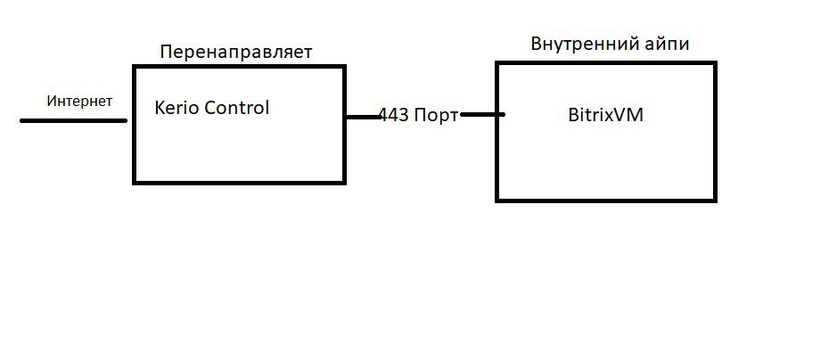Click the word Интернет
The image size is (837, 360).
(x=79, y=101)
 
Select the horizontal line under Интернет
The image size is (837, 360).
(x=73, y=119)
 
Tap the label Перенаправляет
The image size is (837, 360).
(x=235, y=52)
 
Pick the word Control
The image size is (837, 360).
(x=236, y=109)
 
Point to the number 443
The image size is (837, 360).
(x=394, y=116)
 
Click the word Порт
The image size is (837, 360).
(x=437, y=116)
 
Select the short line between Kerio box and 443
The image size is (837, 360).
(x=362, y=116)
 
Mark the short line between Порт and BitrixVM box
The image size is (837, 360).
(x=482, y=114)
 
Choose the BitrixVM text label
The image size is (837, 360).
(x=605, y=115)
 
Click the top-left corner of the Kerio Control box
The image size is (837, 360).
(x=135, y=67)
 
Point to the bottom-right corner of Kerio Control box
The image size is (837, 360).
(x=344, y=182)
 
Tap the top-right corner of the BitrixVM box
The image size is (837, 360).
(x=715, y=63)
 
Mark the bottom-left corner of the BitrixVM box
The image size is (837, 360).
(x=497, y=200)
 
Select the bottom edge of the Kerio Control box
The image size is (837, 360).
(x=239, y=182)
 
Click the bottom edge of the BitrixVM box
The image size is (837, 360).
(x=606, y=200)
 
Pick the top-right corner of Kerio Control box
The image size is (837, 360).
(x=344, y=67)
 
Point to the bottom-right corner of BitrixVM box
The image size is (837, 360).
(x=715, y=200)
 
